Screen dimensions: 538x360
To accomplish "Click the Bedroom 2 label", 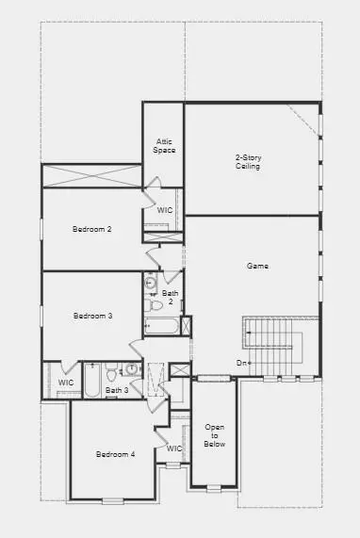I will coord(92,229).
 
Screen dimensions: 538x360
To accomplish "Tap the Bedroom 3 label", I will coord(92,316).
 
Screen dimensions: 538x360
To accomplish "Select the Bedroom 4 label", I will coord(115,454).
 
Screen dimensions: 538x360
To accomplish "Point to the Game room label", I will coord(257,267).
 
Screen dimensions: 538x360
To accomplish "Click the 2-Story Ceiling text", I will coord(247,162).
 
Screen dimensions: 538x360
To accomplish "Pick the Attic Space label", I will coord(164,147).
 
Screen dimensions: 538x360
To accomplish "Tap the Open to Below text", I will coord(214,436).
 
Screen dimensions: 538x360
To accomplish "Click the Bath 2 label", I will coord(170,298).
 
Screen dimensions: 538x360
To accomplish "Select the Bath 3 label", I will coord(117,390).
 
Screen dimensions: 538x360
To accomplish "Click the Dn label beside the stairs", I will coord(242,363).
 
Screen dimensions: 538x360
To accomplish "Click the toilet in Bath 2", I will coord(152,303).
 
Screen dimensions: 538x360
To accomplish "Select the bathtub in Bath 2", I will coord(161,327).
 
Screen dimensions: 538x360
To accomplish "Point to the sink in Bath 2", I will coord(151,283).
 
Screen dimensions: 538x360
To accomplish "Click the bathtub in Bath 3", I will coord(92,381).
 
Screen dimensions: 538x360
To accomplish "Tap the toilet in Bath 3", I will coord(110,370).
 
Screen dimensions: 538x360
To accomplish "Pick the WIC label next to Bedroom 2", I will coord(164,210).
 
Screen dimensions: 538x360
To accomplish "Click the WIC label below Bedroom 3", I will coord(65,383).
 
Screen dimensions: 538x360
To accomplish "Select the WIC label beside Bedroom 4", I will coord(173,448).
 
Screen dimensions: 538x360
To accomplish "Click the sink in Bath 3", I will coord(132,370).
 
